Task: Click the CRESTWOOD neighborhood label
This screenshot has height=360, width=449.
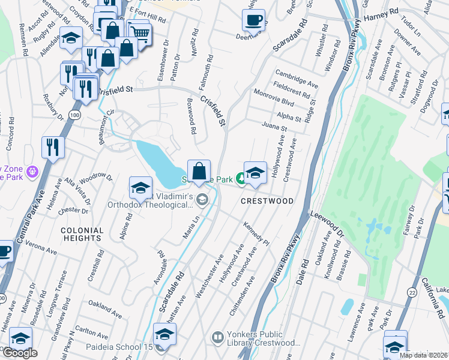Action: (x=268, y=201)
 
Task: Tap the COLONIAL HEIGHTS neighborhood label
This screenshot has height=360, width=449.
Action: (x=82, y=234)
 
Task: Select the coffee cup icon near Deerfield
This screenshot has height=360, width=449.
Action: (x=253, y=20)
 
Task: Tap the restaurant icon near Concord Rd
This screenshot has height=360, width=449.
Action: (x=53, y=147)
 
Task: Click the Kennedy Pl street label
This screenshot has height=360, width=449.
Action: (x=256, y=234)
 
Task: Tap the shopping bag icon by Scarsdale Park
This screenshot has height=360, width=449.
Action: (x=199, y=170)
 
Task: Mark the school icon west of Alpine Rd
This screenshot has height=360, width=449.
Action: (x=140, y=188)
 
